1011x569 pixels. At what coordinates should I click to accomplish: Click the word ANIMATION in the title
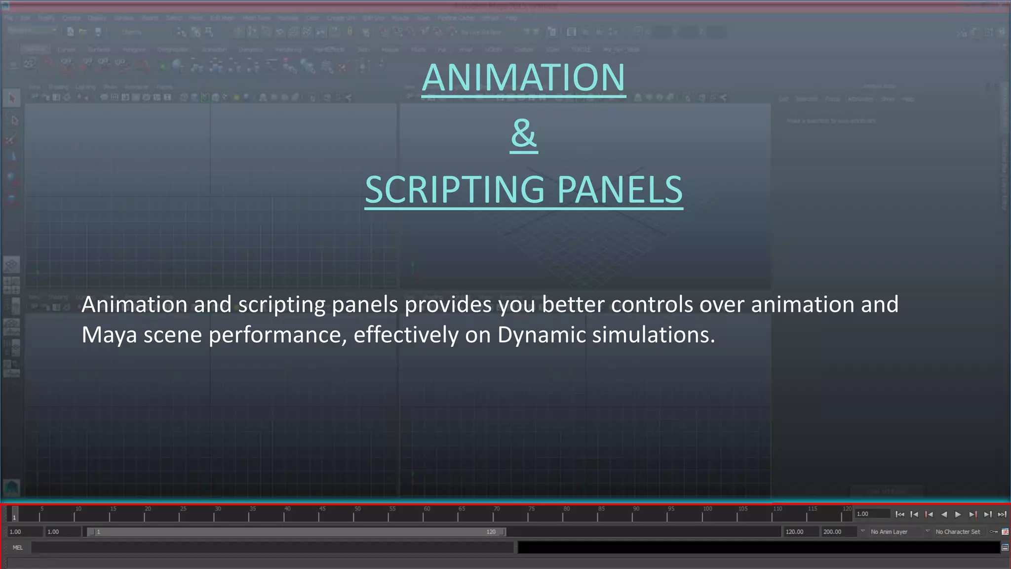(524, 78)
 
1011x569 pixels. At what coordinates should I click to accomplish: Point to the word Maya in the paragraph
(109, 335)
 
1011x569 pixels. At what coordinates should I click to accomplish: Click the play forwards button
(958, 514)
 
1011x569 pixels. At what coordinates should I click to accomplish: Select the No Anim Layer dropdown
(889, 532)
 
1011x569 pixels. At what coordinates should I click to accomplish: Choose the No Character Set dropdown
(957, 532)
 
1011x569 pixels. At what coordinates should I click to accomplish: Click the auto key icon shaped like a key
(994, 532)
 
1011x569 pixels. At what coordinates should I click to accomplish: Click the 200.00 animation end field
(838, 532)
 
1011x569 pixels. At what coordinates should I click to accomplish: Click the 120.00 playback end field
(800, 532)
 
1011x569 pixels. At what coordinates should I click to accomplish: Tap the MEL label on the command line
(18, 547)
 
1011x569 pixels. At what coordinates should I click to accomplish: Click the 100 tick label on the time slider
(707, 509)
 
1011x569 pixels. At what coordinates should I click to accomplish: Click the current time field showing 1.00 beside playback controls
(872, 514)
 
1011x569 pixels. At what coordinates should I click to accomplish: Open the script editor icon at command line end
(1005, 547)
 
